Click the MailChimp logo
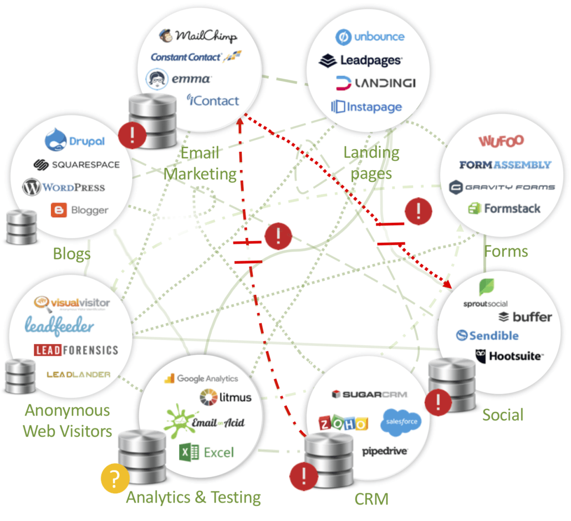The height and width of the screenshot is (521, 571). [198, 36]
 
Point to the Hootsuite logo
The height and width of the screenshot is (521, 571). [509, 356]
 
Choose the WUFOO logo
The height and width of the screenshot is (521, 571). [501, 141]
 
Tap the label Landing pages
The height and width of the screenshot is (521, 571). [371, 163]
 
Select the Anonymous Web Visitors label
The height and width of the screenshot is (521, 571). [68, 421]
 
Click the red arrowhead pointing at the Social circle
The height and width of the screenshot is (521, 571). [447, 284]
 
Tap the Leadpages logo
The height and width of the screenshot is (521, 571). [361, 60]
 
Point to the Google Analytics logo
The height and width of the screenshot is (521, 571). [201, 379]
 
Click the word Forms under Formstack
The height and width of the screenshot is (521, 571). [506, 251]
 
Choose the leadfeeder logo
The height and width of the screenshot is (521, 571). [59, 327]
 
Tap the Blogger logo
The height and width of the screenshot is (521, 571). [80, 210]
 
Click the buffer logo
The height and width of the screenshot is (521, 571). [524, 317]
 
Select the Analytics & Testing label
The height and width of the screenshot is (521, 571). [193, 497]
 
